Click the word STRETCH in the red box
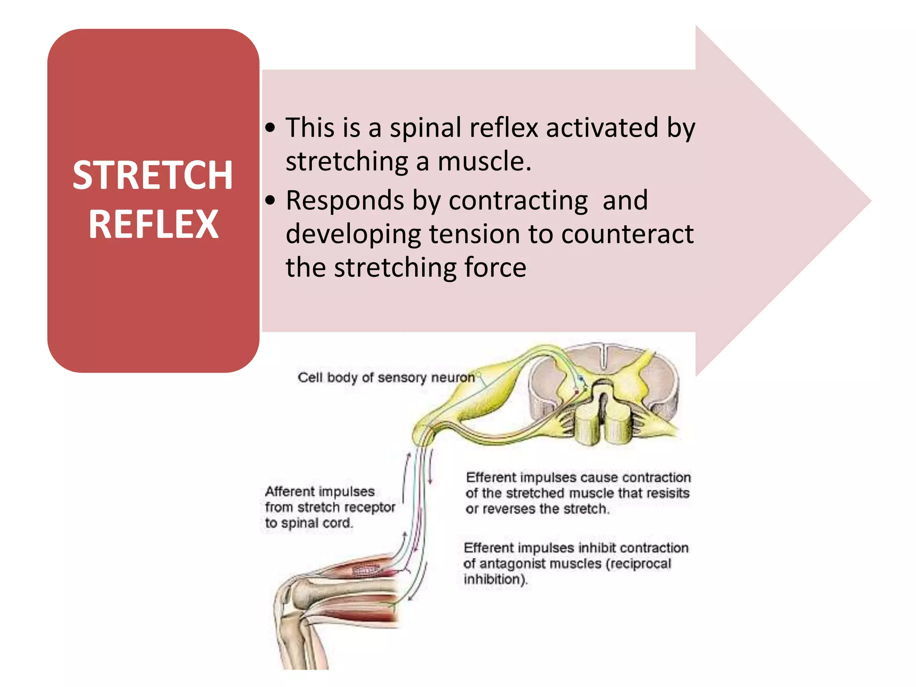(x=153, y=175)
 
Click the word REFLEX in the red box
(x=153, y=225)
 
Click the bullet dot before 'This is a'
(x=270, y=128)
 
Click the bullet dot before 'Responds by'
(x=270, y=200)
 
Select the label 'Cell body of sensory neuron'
(x=386, y=377)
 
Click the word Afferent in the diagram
(x=289, y=492)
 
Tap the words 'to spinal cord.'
(x=309, y=523)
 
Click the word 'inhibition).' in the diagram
(x=496, y=579)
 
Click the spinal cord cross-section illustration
(x=604, y=394)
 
